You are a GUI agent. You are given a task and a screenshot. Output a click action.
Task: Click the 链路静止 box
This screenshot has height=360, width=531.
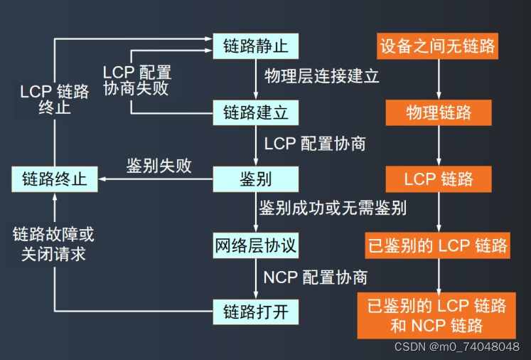pyautogui.click(x=256, y=47)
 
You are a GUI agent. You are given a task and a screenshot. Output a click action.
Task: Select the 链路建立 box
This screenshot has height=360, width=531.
pyautogui.click(x=256, y=112)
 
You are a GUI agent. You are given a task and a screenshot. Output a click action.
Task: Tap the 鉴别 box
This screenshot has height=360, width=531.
pyautogui.click(x=256, y=178)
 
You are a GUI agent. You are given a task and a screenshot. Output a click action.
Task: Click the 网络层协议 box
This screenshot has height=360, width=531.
pyautogui.click(x=256, y=245)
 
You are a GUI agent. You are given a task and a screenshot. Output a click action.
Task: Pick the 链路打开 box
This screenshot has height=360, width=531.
pyautogui.click(x=256, y=311)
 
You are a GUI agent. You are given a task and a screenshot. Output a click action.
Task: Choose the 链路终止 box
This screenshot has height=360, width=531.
pyautogui.click(x=55, y=178)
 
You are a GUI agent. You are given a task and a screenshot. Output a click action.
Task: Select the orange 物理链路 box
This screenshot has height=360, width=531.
pyautogui.click(x=438, y=112)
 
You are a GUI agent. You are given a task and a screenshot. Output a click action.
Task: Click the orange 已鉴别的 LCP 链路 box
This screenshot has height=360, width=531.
pyautogui.click(x=438, y=245)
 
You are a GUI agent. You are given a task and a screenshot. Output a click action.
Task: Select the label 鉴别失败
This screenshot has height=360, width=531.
pyautogui.click(x=159, y=166)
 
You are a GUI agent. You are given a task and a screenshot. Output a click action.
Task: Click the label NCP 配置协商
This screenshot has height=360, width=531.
pyautogui.click(x=315, y=277)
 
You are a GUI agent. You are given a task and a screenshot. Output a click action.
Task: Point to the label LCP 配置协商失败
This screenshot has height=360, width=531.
pyautogui.click(x=136, y=81)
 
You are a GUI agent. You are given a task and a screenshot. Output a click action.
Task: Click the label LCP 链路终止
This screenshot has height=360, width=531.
pyautogui.click(x=55, y=100)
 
